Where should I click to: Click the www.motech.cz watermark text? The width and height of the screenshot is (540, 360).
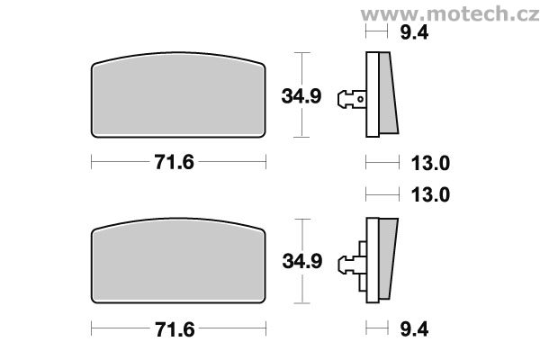pos(450,14)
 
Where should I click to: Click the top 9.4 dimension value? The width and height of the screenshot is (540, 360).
pos(414,32)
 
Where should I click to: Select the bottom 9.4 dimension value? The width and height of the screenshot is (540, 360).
pos(414,329)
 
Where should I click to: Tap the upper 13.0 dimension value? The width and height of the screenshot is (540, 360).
pos(430,163)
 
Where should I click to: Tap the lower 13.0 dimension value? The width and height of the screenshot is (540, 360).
pos(430,194)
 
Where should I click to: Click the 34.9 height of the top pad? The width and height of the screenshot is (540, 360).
pos(301,96)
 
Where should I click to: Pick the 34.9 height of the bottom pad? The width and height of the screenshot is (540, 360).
pos(302,261)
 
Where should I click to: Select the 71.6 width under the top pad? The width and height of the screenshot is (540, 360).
pos(175,162)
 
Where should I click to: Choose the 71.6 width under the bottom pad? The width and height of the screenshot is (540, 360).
pos(175,329)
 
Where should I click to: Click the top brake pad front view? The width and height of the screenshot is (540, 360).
pos(178,95)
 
